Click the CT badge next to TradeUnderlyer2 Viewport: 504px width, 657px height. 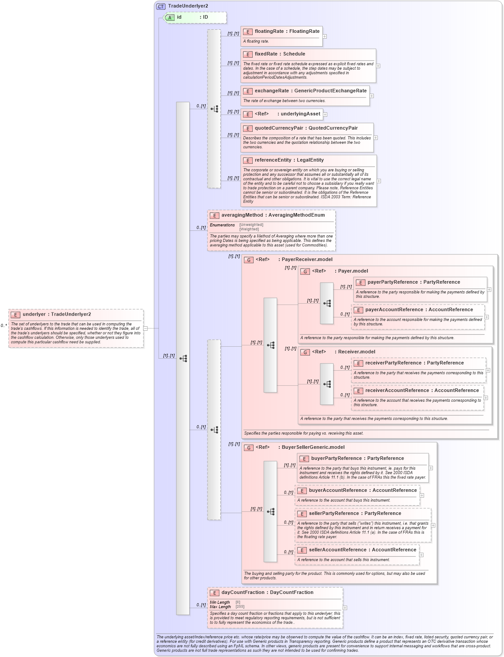[x=161, y=6]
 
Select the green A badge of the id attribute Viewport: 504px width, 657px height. [x=170, y=17]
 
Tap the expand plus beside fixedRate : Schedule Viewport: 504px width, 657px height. [x=378, y=66]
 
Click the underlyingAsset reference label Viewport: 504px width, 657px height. [x=300, y=114]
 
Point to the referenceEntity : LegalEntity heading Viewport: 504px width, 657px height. [x=289, y=160]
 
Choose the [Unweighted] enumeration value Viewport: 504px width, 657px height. [x=251, y=225]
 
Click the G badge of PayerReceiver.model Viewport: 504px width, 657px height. [x=249, y=260]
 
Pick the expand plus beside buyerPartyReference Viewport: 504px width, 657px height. [x=431, y=468]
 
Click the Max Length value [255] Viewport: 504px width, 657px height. [x=240, y=606]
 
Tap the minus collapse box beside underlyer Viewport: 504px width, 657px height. [x=145, y=328]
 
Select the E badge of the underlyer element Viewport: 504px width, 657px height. [x=15, y=315]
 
